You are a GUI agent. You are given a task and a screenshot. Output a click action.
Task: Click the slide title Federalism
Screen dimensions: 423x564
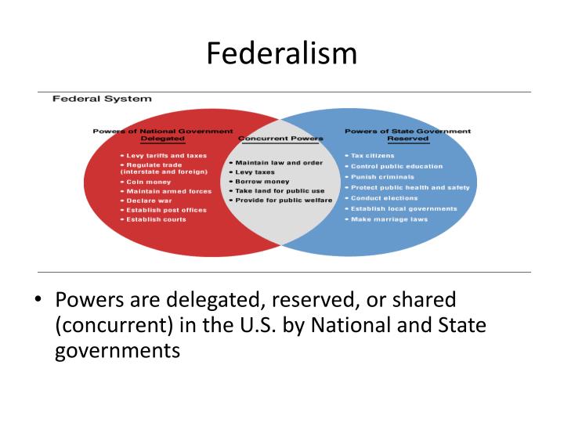click(282, 52)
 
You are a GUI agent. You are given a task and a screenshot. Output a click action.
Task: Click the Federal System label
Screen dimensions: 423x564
click(101, 99)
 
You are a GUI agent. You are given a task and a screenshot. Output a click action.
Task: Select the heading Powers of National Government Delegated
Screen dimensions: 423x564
click(162, 134)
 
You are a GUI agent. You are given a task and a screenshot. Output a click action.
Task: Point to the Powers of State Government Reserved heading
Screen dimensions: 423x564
click(407, 134)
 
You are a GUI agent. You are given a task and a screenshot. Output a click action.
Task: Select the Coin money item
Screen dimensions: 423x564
click(148, 182)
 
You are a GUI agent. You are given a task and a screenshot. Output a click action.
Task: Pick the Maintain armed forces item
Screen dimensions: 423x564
click(168, 191)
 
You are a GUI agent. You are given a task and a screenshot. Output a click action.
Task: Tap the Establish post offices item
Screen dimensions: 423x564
click(168, 210)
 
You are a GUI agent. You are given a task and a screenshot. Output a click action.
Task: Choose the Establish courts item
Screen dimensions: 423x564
click(157, 220)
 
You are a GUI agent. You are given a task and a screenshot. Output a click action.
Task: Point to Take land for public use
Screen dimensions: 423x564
click(277, 190)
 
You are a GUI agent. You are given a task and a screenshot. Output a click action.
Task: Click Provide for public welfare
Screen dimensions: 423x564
click(280, 201)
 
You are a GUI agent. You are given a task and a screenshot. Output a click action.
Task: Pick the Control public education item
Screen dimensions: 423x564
click(396, 166)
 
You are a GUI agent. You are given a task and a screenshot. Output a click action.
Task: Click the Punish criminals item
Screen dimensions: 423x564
click(383, 177)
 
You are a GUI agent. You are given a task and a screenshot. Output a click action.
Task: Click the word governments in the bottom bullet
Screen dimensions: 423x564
click(117, 350)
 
